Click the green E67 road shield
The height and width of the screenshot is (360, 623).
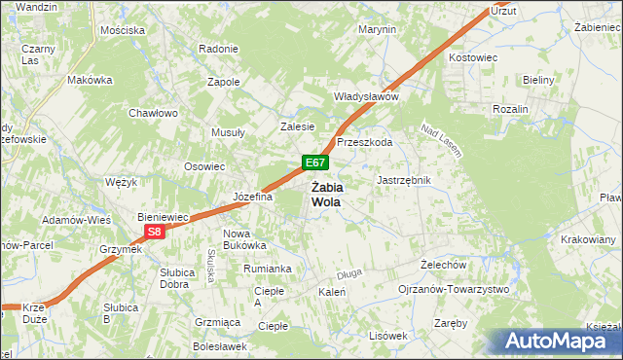312,162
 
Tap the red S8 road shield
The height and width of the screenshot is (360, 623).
154,232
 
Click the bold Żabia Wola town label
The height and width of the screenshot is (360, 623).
326,195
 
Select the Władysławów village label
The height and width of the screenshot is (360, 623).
367,97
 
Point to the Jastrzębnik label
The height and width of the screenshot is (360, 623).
403,181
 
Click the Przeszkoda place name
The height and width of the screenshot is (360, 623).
364,142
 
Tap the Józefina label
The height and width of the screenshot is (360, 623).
252,197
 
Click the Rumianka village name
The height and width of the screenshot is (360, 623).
269,269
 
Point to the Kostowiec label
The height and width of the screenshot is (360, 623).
473,58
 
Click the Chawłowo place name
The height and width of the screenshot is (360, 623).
153,113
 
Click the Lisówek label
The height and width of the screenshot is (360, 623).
387,336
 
